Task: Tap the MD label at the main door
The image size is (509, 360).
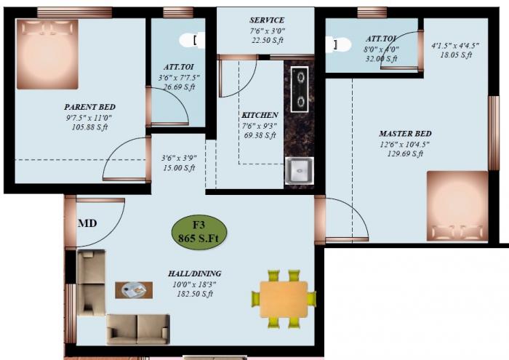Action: (88, 223)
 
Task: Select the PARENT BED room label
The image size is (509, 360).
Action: (89, 107)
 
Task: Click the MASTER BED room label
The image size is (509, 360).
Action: (405, 134)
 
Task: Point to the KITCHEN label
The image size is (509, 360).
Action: (260, 115)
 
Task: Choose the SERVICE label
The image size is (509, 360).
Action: (267, 20)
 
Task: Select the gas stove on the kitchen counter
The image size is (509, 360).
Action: (299, 89)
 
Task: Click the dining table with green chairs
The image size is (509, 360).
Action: (284, 298)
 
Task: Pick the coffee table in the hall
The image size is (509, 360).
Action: (135, 289)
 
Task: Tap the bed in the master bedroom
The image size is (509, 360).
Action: (457, 205)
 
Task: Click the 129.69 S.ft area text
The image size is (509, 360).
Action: (405, 153)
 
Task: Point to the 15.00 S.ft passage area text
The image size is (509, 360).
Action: (178, 168)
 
